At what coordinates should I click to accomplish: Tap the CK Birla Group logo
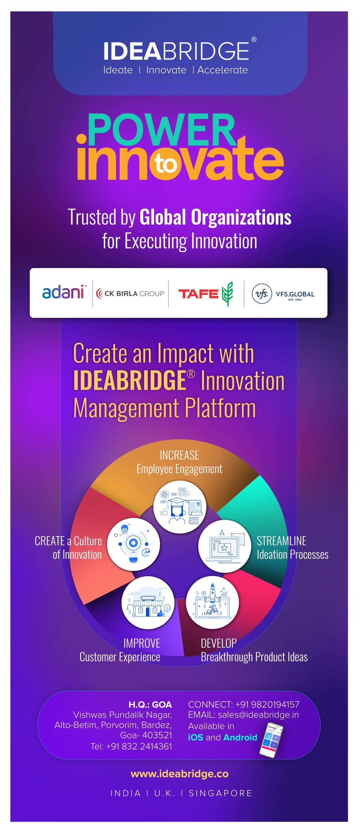[130, 293]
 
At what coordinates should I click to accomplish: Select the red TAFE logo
[205, 293]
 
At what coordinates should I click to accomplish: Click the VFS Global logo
[283, 294]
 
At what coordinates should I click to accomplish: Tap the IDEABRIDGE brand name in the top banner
[176, 51]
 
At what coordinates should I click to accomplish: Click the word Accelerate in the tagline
[223, 70]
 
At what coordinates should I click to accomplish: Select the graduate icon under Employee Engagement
[180, 507]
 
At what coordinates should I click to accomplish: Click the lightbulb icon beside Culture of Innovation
[133, 544]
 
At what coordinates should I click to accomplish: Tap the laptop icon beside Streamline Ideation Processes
[225, 546]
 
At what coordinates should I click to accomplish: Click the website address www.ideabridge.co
[180, 774]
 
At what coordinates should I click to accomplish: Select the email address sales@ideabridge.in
[258, 715]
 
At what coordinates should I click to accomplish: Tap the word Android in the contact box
[240, 737]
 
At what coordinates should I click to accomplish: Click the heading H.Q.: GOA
[150, 704]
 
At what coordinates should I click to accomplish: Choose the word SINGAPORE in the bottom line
[220, 793]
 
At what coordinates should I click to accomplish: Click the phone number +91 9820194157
[267, 704]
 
